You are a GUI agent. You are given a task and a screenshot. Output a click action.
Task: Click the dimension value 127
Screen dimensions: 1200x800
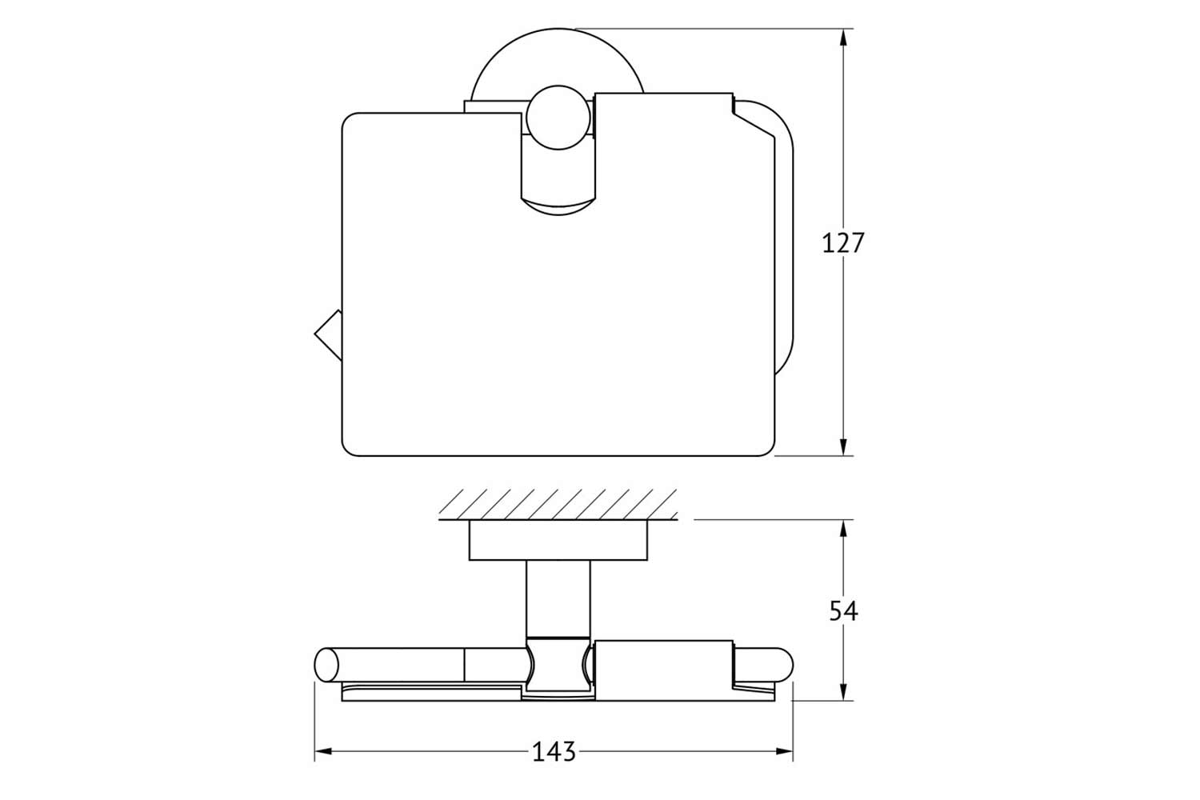842,243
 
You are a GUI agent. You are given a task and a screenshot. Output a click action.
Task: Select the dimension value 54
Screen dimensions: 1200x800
844,611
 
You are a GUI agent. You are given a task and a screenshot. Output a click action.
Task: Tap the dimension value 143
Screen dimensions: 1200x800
554,752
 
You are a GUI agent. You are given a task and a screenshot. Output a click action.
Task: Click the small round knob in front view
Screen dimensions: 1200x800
558,118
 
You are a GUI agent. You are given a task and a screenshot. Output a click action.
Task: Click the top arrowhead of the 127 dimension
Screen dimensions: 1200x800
843,38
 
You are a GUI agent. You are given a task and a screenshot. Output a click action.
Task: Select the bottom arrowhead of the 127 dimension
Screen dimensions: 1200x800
843,447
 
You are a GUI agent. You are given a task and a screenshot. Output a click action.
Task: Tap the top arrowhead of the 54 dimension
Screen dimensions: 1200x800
843,529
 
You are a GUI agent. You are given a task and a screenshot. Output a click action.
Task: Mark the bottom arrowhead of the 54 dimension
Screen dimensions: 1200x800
843,690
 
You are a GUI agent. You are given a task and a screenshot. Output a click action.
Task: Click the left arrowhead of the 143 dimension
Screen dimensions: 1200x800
323,752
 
